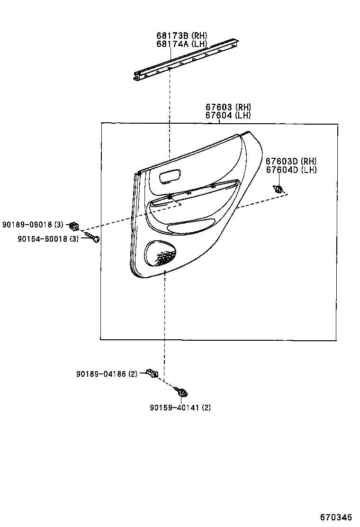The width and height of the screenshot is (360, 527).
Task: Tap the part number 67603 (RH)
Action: [x=228, y=107]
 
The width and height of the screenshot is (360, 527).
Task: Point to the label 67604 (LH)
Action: [x=228, y=115]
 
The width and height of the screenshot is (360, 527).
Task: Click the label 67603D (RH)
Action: [x=291, y=161]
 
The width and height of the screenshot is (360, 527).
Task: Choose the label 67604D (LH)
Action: [x=291, y=170]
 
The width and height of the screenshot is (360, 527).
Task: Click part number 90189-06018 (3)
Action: [x=33, y=224]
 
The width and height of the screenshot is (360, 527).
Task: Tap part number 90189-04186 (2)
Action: [x=107, y=373]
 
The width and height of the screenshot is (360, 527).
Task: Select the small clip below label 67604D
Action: [x=278, y=189]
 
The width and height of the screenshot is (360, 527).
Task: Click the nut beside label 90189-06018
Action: [x=74, y=225]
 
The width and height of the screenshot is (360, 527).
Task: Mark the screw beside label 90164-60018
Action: [x=93, y=237]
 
